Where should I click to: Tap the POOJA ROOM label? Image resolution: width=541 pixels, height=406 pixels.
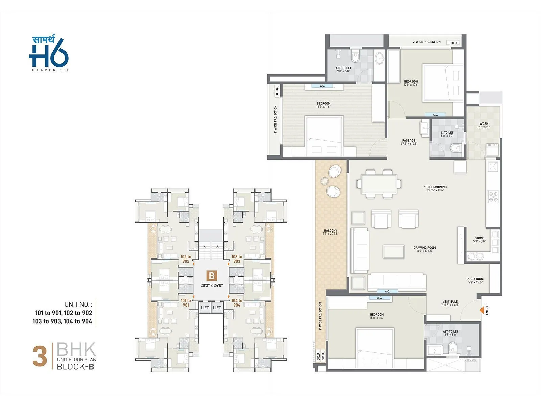pyautogui.click(x=475, y=280)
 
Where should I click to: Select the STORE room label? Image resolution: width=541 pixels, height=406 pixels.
pyautogui.click(x=479, y=240)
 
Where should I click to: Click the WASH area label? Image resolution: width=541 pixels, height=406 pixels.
pyautogui.click(x=484, y=125)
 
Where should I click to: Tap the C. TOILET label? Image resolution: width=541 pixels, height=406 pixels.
pyautogui.click(x=447, y=134)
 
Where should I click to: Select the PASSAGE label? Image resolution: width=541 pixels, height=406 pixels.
pyautogui.click(x=409, y=142)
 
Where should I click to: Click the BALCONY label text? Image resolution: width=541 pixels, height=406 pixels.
pyautogui.click(x=330, y=232)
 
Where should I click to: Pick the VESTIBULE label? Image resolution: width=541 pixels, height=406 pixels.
pyautogui.click(x=450, y=303)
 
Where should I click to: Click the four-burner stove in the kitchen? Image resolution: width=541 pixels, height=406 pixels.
pyautogui.click(x=492, y=197)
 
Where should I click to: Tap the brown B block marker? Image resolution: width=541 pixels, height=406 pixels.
pyautogui.click(x=212, y=276)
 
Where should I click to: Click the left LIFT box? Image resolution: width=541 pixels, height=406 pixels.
pyautogui.click(x=205, y=308)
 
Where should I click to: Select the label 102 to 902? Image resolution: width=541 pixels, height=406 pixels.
pyautogui.click(x=186, y=259)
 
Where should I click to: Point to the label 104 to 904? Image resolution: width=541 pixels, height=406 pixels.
pyautogui.click(x=237, y=302)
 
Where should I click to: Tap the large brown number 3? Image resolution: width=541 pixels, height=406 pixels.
pyautogui.click(x=40, y=357)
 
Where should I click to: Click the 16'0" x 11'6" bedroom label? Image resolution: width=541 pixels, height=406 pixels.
pyautogui.click(x=323, y=105)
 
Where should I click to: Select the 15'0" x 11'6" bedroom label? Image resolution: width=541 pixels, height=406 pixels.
pyautogui.click(x=377, y=316)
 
